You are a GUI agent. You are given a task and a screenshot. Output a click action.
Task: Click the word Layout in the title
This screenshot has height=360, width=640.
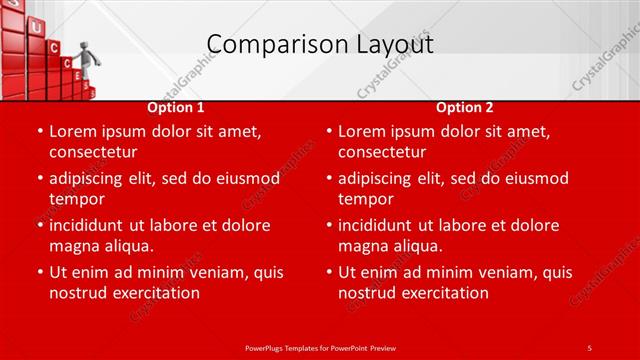(394, 44)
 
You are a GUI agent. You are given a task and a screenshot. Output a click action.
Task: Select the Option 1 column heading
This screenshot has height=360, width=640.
(176, 107)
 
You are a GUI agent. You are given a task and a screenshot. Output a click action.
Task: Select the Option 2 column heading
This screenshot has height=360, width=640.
(465, 107)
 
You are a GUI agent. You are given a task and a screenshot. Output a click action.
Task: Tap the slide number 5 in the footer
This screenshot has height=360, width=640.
(589, 347)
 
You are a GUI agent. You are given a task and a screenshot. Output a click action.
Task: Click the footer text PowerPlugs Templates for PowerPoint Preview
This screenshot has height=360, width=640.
(319, 347)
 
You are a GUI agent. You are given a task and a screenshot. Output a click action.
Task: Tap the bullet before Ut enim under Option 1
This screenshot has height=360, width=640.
(40, 272)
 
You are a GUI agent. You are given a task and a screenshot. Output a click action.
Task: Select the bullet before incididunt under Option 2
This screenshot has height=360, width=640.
(329, 225)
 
